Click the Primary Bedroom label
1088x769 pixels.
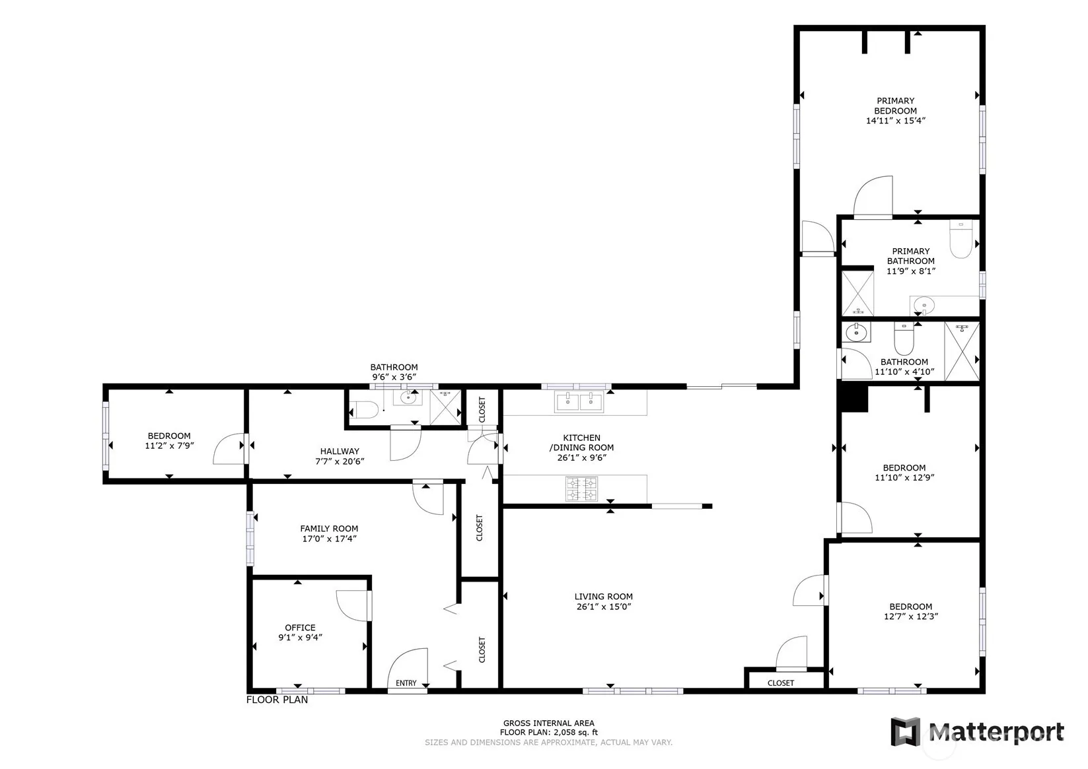[895, 106]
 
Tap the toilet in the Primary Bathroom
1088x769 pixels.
[961, 239]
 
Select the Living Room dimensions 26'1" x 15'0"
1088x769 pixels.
[603, 607]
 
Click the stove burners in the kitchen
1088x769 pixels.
[582, 489]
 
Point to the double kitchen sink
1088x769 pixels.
[579, 401]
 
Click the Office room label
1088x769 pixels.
[300, 628]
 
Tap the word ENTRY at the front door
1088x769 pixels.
[406, 683]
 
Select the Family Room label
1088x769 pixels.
[329, 529]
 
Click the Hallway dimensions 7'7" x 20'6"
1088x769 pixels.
[340, 461]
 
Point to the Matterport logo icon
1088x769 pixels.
[906, 731]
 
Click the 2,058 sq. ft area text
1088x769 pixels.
[575, 733]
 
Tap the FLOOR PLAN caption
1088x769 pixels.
[277, 700]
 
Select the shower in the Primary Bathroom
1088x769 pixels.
[857, 293]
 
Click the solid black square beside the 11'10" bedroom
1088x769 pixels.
[854, 397]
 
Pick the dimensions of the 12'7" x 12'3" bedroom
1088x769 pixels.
[911, 617]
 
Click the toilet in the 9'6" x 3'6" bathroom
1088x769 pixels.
[364, 410]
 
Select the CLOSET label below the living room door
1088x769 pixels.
[781, 683]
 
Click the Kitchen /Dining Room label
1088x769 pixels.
[581, 443]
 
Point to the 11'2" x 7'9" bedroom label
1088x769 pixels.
[169, 436]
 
